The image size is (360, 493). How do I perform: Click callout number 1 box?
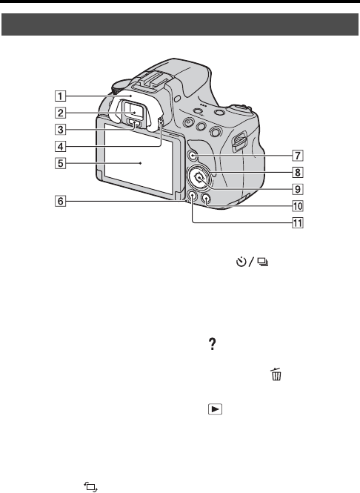(60, 96)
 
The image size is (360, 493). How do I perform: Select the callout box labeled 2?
(60, 113)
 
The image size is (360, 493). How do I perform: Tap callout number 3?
(60, 129)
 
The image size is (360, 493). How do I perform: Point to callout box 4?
(60, 146)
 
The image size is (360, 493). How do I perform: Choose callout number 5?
(60, 163)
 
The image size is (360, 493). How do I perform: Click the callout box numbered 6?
(60, 201)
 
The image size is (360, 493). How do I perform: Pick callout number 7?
(298, 156)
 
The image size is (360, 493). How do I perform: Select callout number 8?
(298, 172)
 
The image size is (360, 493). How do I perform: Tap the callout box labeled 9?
(298, 189)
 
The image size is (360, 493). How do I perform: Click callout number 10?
(298, 206)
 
